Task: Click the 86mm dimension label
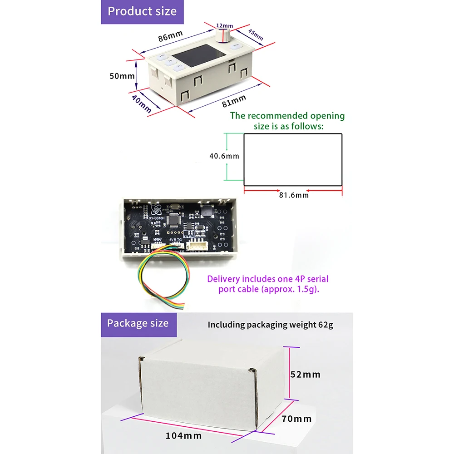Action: (x=170, y=38)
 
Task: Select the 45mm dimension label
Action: (x=255, y=35)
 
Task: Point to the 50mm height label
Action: (x=122, y=76)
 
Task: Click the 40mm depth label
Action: (x=142, y=104)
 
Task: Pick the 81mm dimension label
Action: (x=234, y=101)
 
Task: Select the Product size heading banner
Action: (x=142, y=11)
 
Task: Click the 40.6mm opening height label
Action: (x=224, y=156)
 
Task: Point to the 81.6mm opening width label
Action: (x=294, y=195)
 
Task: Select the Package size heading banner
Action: (x=138, y=324)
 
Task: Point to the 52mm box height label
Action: (x=305, y=375)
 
